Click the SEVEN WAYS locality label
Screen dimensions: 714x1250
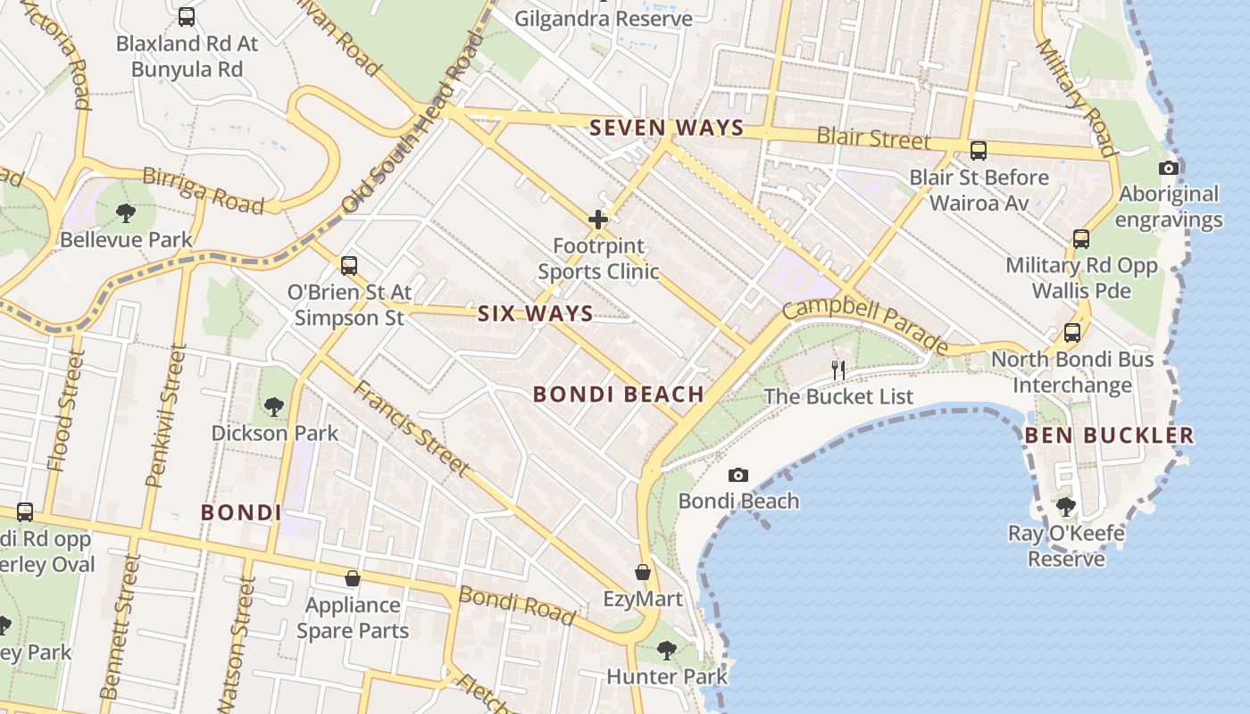tap(666, 128)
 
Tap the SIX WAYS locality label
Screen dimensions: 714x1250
tap(535, 313)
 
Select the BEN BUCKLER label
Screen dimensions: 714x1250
tap(1108, 436)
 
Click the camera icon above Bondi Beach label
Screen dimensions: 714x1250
tap(737, 475)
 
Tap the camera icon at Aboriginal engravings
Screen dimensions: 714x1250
tap(1168, 168)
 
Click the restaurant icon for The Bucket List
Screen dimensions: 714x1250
tap(837, 369)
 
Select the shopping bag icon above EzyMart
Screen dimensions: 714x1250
tap(642, 572)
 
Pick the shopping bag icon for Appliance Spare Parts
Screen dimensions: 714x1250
tap(353, 578)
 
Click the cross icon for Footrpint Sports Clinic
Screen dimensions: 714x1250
tap(598, 219)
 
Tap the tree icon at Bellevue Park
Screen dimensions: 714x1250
tap(125, 212)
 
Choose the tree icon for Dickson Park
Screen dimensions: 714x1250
tap(274, 406)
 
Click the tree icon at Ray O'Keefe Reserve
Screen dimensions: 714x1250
tap(1065, 507)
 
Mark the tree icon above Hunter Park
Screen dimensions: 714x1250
tap(666, 650)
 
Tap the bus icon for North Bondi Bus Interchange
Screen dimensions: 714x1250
tap(1071, 333)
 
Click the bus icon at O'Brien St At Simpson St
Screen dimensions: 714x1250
tap(348, 265)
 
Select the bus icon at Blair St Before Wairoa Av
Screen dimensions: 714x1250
tap(978, 150)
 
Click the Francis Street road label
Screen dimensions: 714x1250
tap(410, 428)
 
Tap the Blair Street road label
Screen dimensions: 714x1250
tap(873, 139)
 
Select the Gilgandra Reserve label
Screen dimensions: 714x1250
tap(603, 19)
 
